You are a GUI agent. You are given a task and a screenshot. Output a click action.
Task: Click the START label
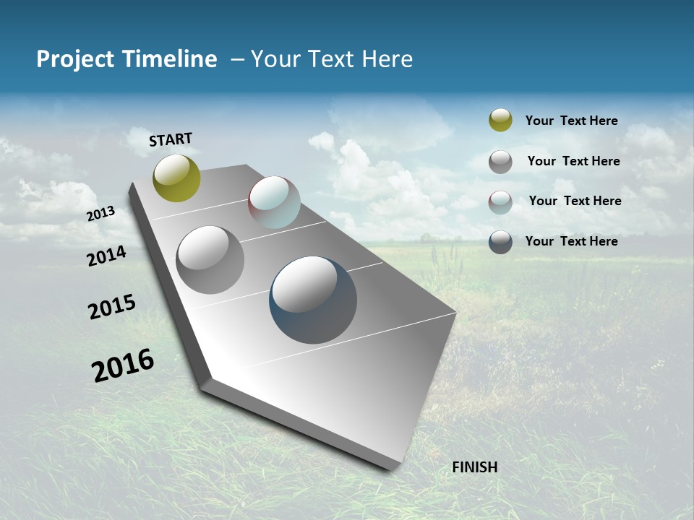[171, 139]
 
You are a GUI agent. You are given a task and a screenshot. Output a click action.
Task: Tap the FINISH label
[475, 467]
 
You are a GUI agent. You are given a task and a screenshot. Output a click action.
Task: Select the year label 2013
[101, 213]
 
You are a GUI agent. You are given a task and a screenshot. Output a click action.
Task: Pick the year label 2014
[106, 256]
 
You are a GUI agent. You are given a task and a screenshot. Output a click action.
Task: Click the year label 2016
[123, 365]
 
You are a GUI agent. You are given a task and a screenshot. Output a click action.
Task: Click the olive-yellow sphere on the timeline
[176, 178]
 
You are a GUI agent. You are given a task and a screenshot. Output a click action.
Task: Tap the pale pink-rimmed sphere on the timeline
[274, 202]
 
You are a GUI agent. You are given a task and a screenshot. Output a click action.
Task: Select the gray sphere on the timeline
[210, 260]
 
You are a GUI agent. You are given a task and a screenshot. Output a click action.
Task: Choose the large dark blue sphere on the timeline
[313, 300]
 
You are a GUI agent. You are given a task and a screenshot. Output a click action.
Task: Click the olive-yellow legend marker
[500, 121]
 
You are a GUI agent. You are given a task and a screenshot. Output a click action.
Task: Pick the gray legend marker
[500, 162]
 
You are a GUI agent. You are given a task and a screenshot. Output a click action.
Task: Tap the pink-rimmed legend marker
[500, 202]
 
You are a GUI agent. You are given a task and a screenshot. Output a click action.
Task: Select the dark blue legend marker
[500, 242]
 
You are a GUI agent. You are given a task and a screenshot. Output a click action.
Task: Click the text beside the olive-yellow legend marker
[571, 121]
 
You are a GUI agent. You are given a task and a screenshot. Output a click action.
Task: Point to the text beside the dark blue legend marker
[571, 241]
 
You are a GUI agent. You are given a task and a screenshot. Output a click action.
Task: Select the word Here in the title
[387, 59]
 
